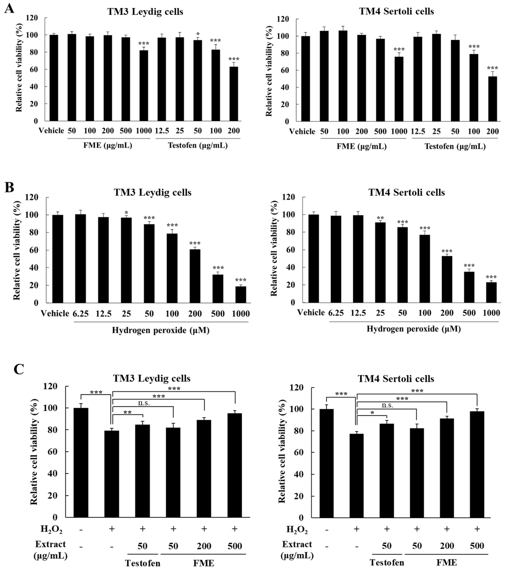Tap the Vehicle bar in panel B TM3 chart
(x=58, y=259)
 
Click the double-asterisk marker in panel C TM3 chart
(x=127, y=412)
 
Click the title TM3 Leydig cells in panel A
(x=145, y=12)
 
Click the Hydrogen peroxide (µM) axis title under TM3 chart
(x=161, y=330)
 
